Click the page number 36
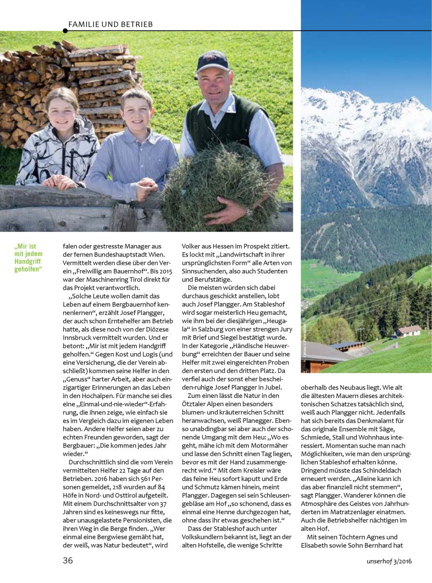tap(68, 560)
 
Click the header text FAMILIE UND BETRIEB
tap(110, 24)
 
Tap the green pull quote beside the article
tap(29, 257)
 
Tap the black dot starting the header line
tap(65, 31)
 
